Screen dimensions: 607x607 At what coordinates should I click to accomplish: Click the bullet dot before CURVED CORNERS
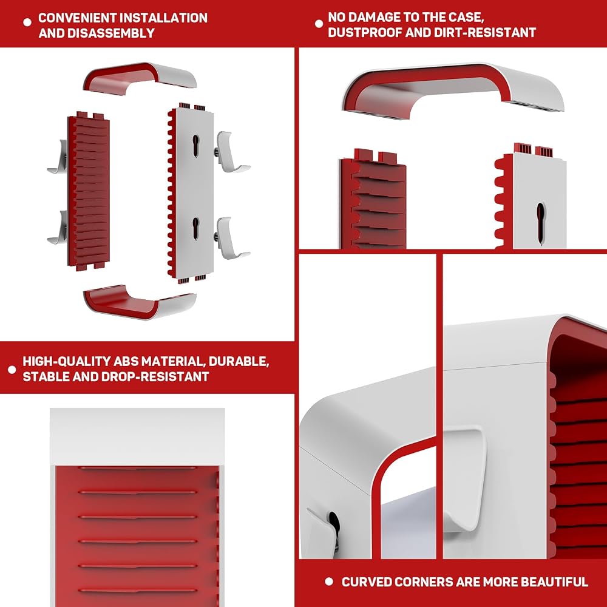point(329,582)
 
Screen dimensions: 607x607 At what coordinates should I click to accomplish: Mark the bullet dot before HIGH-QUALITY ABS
point(12,370)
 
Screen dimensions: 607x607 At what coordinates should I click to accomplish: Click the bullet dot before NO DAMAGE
point(319,24)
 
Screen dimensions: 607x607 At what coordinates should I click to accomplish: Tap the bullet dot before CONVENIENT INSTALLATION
point(27,22)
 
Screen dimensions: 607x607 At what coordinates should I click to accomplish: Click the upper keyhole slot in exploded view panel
point(196,146)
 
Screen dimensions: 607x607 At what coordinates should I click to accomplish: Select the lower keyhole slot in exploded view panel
point(196,228)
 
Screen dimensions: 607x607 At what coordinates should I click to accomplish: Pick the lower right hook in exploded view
point(231,238)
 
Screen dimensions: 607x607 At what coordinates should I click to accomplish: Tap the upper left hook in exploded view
point(59,157)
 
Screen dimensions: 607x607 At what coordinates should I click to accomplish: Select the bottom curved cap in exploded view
point(140,303)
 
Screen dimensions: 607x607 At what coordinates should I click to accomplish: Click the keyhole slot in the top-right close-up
point(540,223)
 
